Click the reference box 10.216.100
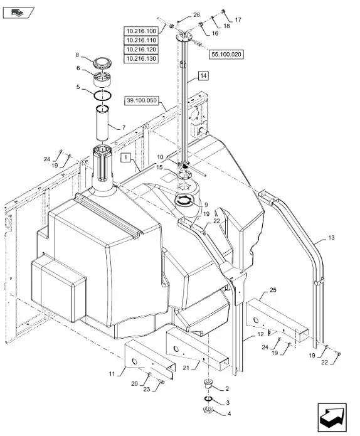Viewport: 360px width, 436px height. (141, 31)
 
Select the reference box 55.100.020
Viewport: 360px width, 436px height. (226, 54)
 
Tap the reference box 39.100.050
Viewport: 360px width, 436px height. (142, 100)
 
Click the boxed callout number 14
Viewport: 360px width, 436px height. (203, 76)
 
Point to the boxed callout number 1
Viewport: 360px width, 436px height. (125, 157)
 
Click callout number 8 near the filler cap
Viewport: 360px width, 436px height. (77, 55)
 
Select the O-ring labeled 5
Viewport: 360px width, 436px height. (103, 95)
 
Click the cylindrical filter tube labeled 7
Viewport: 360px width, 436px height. (103, 122)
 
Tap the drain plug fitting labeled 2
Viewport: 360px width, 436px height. (208, 384)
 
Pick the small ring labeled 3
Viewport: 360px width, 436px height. (208, 399)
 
